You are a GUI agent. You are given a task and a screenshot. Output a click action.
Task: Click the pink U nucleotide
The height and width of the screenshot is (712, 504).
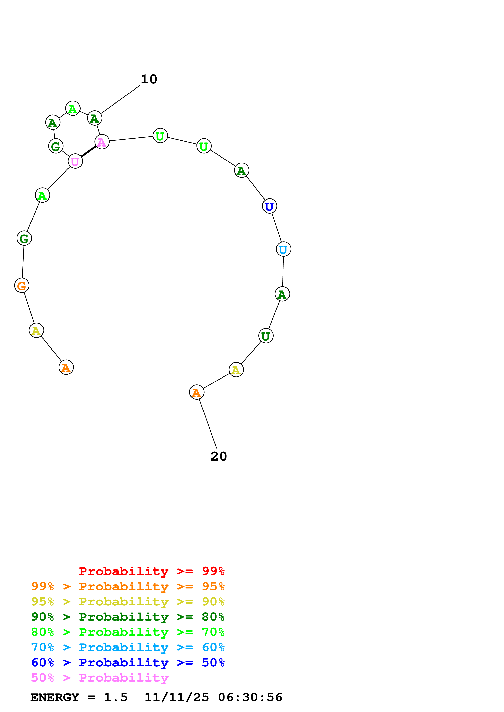pyautogui.click(x=75, y=161)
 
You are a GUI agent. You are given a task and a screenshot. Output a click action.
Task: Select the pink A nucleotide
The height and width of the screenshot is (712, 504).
pyautogui.click(x=102, y=142)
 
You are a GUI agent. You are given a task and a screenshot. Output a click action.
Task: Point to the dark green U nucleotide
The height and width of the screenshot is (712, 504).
pyautogui.click(x=266, y=336)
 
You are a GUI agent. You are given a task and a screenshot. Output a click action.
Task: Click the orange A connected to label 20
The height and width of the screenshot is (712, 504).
pyautogui.click(x=197, y=392)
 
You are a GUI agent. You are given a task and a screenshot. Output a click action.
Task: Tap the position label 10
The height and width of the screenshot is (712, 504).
pyautogui.click(x=149, y=79)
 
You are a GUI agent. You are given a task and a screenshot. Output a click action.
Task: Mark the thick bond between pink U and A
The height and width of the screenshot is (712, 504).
pyautogui.click(x=88, y=152)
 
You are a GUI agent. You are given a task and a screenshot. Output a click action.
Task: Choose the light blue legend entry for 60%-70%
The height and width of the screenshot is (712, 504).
pyautogui.click(x=128, y=647)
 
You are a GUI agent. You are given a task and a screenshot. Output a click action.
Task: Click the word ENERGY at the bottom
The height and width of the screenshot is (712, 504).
pyautogui.click(x=55, y=697)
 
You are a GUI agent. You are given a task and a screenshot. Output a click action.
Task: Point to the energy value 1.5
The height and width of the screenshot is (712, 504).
pyautogui.click(x=115, y=697)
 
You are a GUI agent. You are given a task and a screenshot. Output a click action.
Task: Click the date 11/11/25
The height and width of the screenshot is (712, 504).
pyautogui.click(x=177, y=697)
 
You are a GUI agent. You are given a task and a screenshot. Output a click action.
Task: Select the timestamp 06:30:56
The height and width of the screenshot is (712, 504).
pyautogui.click(x=250, y=697)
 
